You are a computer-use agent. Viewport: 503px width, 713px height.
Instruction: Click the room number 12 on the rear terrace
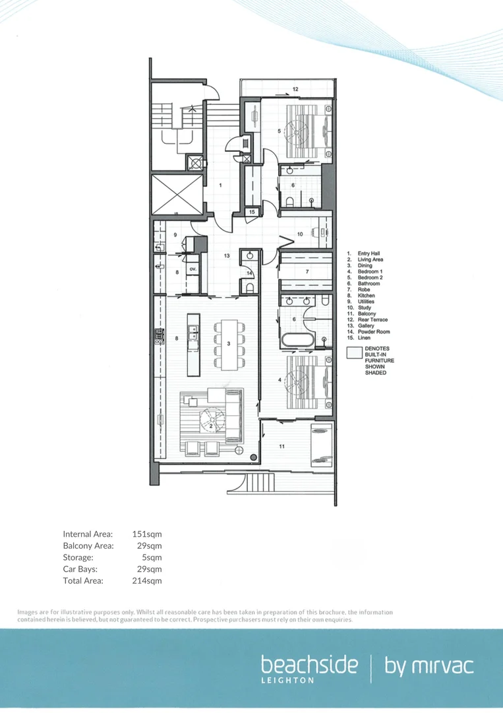pos(296,88)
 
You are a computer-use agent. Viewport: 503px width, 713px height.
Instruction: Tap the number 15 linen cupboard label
pos(252,212)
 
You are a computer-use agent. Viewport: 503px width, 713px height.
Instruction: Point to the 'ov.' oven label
pos(193,269)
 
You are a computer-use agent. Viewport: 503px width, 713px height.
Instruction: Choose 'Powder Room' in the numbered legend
pos(372,331)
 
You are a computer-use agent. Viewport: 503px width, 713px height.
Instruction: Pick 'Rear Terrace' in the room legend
pos(372,320)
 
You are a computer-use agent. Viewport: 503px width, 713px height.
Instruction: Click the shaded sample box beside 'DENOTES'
pos(355,353)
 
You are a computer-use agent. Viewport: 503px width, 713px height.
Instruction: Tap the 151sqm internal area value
pos(147,533)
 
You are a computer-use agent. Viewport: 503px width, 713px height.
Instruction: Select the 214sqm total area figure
pos(147,581)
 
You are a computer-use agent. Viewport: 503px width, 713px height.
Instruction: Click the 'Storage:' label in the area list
pos(79,557)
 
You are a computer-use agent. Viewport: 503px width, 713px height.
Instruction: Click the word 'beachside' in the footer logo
pos(309,664)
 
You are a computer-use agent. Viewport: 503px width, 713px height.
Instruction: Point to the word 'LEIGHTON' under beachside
pos(287,679)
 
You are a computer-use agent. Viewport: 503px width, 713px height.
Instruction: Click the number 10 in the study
pos(299,234)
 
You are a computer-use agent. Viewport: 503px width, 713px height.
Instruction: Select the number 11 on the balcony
pos(281,447)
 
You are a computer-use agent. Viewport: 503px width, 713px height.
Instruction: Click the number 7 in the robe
pos(307,271)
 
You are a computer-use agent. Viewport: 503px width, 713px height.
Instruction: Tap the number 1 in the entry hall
pos(220,186)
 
